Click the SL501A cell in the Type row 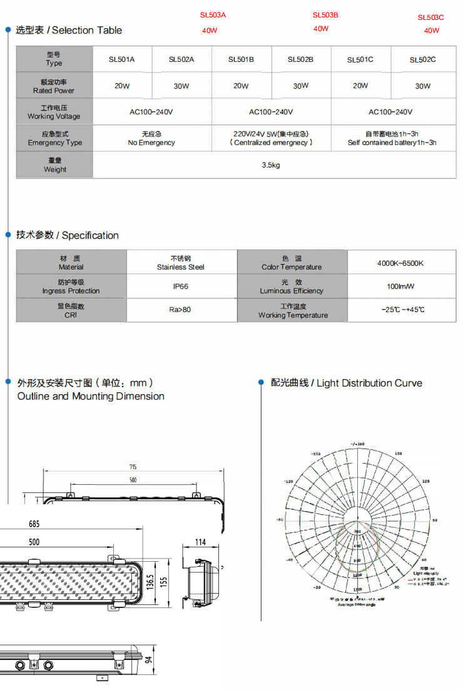(x=122, y=59)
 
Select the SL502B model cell (x=300, y=59)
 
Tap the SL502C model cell (x=423, y=60)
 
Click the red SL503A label (x=213, y=14)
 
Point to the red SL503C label (x=430, y=18)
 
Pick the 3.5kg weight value (x=270, y=165)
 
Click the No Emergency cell (x=151, y=138)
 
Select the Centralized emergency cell (x=272, y=138)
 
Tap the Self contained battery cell (x=392, y=138)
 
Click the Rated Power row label (x=54, y=86)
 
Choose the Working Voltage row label (x=54, y=112)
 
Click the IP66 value (x=181, y=287)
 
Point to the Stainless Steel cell (x=181, y=263)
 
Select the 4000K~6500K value (x=400, y=263)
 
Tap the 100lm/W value (x=400, y=287)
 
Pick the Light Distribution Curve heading (x=347, y=383)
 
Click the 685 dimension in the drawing (x=34, y=524)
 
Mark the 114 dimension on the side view (x=200, y=542)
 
